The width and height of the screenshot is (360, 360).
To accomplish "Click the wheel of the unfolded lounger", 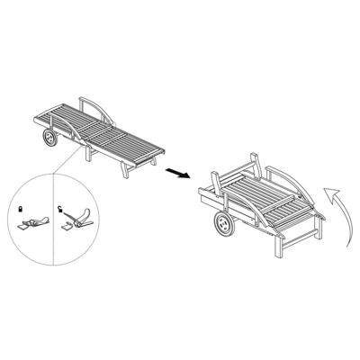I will point(49,139).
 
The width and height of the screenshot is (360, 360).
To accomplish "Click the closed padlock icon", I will point(21,208).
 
